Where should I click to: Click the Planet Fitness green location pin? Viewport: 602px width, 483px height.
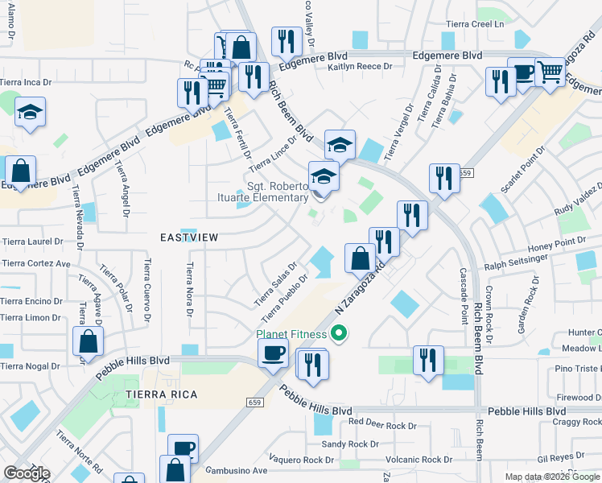tap(340, 332)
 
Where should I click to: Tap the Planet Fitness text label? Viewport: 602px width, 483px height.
tap(291, 334)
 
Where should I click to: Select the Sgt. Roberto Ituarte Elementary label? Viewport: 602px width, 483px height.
tap(278, 192)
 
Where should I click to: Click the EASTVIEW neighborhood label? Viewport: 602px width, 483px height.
tap(189, 238)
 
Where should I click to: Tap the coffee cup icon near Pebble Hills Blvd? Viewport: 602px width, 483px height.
tap(274, 353)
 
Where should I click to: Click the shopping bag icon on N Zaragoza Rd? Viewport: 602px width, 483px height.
tap(360, 258)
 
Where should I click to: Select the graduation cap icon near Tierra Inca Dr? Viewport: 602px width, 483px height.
tap(30, 112)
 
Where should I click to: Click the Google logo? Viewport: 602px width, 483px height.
tap(27, 473)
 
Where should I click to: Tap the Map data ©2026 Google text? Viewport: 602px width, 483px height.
tap(551, 477)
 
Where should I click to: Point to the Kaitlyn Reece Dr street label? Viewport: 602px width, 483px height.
tap(360, 68)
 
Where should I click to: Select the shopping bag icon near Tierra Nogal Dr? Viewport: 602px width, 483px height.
tap(88, 342)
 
